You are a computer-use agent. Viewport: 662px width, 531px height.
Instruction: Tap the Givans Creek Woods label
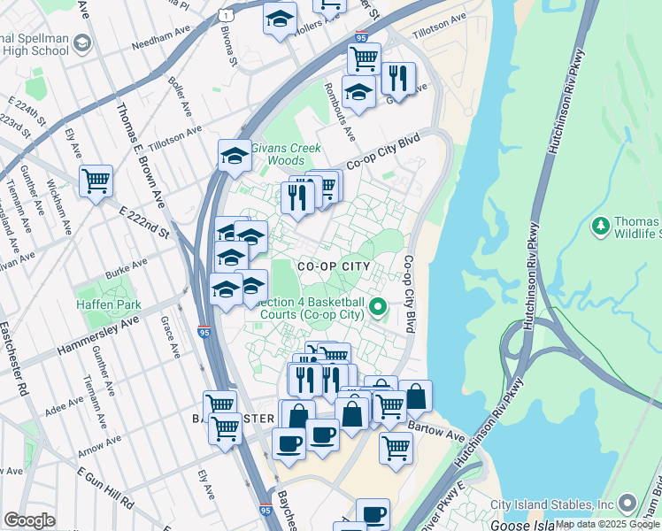285,154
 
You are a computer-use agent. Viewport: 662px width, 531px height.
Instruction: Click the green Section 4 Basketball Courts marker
379,307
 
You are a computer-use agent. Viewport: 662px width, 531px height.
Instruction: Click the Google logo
29,520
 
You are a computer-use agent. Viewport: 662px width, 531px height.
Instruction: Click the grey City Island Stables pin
628,504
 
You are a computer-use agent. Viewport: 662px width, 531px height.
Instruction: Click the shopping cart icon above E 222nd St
96,181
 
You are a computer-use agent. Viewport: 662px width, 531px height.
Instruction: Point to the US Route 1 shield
227,14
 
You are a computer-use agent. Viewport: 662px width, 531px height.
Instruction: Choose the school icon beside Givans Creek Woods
235,155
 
